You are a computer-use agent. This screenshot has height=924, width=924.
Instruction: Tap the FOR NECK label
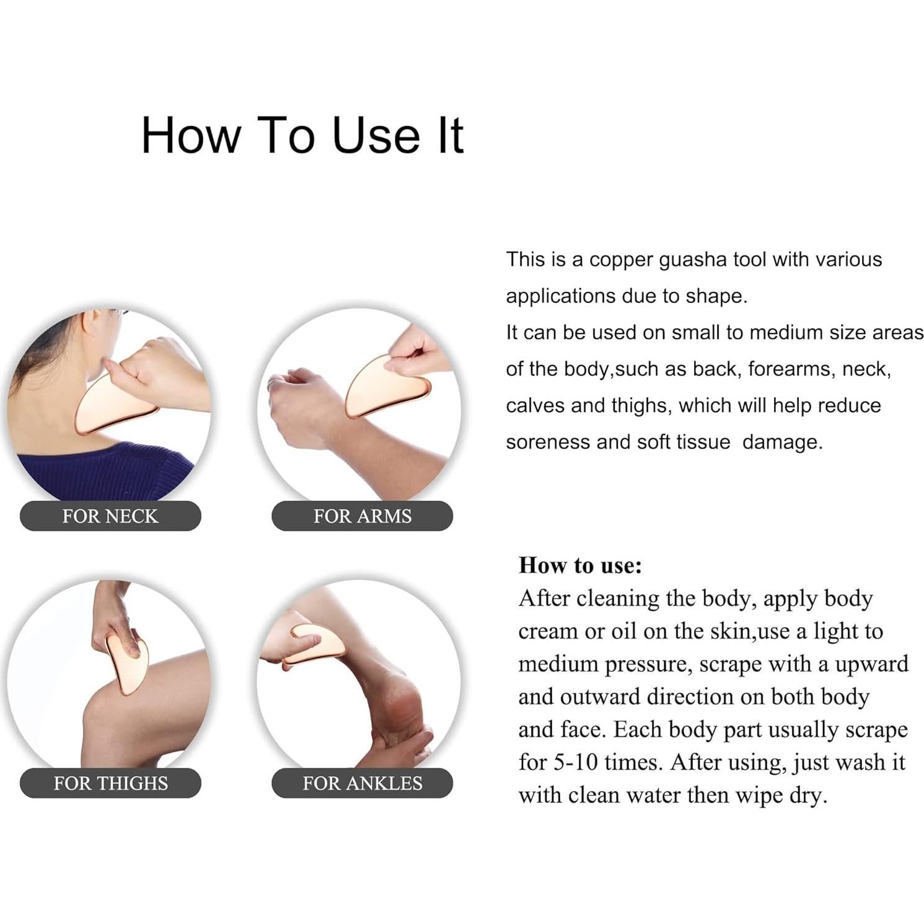pos(110,516)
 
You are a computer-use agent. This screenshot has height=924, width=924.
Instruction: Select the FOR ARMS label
pos(362,516)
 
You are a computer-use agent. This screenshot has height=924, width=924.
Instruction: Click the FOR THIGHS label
pos(110,783)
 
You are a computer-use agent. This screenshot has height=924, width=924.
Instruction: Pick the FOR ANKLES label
pos(362,783)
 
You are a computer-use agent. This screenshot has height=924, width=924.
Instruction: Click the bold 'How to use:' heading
pos(580,565)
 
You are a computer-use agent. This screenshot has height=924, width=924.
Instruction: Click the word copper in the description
pos(621,259)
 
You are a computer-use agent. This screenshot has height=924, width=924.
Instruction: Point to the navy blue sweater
pos(105,474)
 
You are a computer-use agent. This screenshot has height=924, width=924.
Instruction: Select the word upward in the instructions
pos(871,664)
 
